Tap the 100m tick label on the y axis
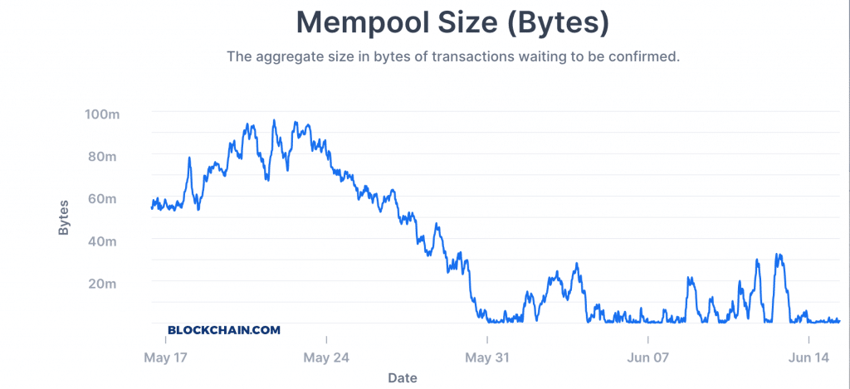click(x=102, y=114)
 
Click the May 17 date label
click(x=166, y=358)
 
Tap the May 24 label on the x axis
click(x=327, y=358)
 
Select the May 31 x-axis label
click(x=487, y=358)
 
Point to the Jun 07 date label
click(x=647, y=358)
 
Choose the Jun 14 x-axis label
click(x=808, y=358)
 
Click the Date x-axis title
click(x=403, y=378)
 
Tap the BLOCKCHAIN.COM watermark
click(x=224, y=329)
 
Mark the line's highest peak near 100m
click(x=274, y=120)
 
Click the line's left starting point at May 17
click(x=151, y=207)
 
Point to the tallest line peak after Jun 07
click(x=777, y=255)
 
